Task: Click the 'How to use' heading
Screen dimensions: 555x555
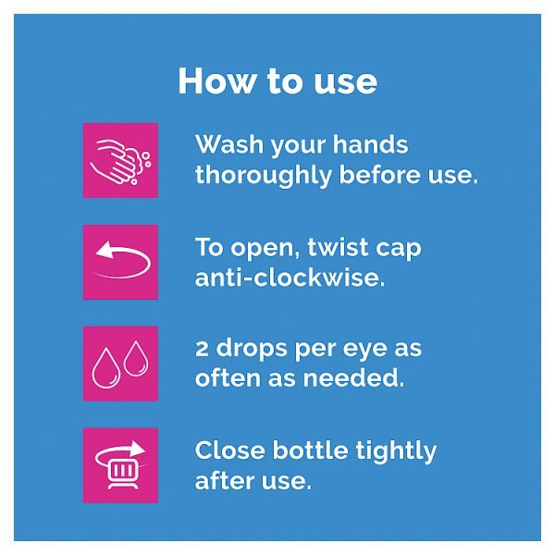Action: (x=277, y=81)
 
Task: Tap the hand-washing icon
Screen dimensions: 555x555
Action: (x=120, y=160)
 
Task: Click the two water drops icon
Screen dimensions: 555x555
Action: (x=120, y=364)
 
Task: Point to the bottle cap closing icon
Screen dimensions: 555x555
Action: (x=120, y=465)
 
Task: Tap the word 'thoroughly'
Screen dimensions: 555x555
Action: (x=264, y=175)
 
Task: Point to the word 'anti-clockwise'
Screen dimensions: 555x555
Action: (x=290, y=277)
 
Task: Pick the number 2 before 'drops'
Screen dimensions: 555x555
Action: (x=202, y=349)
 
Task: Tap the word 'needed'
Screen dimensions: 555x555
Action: (x=353, y=378)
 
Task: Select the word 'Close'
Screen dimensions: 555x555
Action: (x=229, y=450)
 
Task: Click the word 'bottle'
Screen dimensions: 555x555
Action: (x=310, y=450)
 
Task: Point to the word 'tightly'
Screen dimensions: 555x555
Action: (x=396, y=451)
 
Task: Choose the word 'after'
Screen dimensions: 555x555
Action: (x=224, y=480)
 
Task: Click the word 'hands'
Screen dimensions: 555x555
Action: (x=370, y=144)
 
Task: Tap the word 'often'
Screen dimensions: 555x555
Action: (x=228, y=377)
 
